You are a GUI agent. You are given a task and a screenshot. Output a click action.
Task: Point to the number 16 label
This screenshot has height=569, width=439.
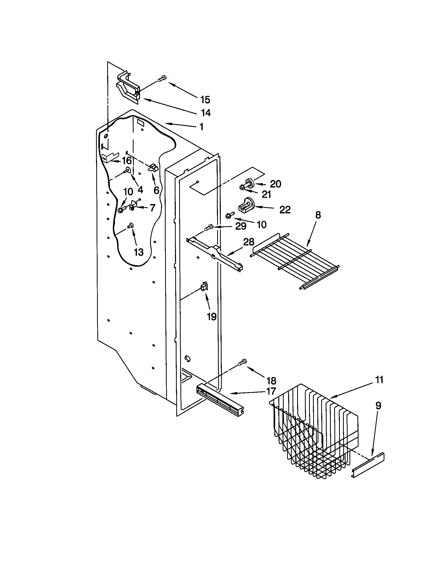127,161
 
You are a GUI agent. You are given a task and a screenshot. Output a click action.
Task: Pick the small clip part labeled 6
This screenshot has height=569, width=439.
153,168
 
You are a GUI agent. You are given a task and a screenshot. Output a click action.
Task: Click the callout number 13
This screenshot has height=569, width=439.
138,252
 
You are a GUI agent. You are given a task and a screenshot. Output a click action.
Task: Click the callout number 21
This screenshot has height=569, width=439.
266,194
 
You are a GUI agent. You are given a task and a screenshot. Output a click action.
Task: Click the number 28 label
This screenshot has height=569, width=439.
248,242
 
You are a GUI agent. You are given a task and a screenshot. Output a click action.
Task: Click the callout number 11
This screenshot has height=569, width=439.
379,380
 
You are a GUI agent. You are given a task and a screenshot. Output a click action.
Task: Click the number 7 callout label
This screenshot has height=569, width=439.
152,208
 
